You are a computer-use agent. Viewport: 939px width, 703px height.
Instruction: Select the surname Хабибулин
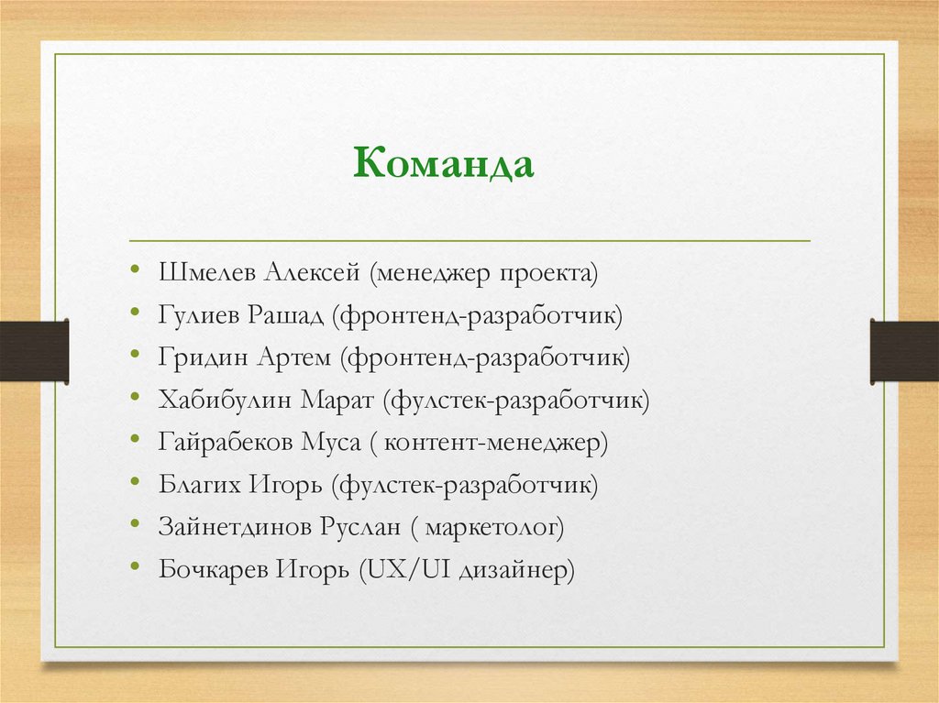tap(225, 401)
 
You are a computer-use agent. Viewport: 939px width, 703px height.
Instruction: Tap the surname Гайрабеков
tap(226, 444)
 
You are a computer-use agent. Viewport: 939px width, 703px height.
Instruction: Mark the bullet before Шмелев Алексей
tap(136, 271)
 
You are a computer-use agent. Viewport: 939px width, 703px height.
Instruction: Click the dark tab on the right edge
tap(904, 352)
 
